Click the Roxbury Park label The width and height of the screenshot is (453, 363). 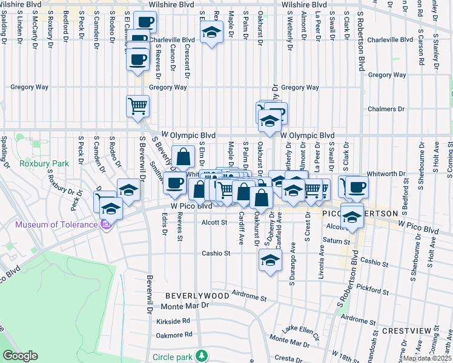(x=36, y=163)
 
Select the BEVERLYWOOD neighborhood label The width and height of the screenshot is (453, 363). (x=197, y=296)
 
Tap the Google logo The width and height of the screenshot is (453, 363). (x=21, y=356)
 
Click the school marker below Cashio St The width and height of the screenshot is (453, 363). (x=270, y=260)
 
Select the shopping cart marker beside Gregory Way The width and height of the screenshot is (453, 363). (x=138, y=106)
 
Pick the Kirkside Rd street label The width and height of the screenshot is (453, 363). (x=173, y=321)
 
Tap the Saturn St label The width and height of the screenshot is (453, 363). (x=332, y=240)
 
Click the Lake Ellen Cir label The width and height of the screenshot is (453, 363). (x=304, y=329)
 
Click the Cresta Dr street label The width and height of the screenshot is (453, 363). (x=284, y=358)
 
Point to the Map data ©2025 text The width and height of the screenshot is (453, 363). (x=428, y=358)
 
